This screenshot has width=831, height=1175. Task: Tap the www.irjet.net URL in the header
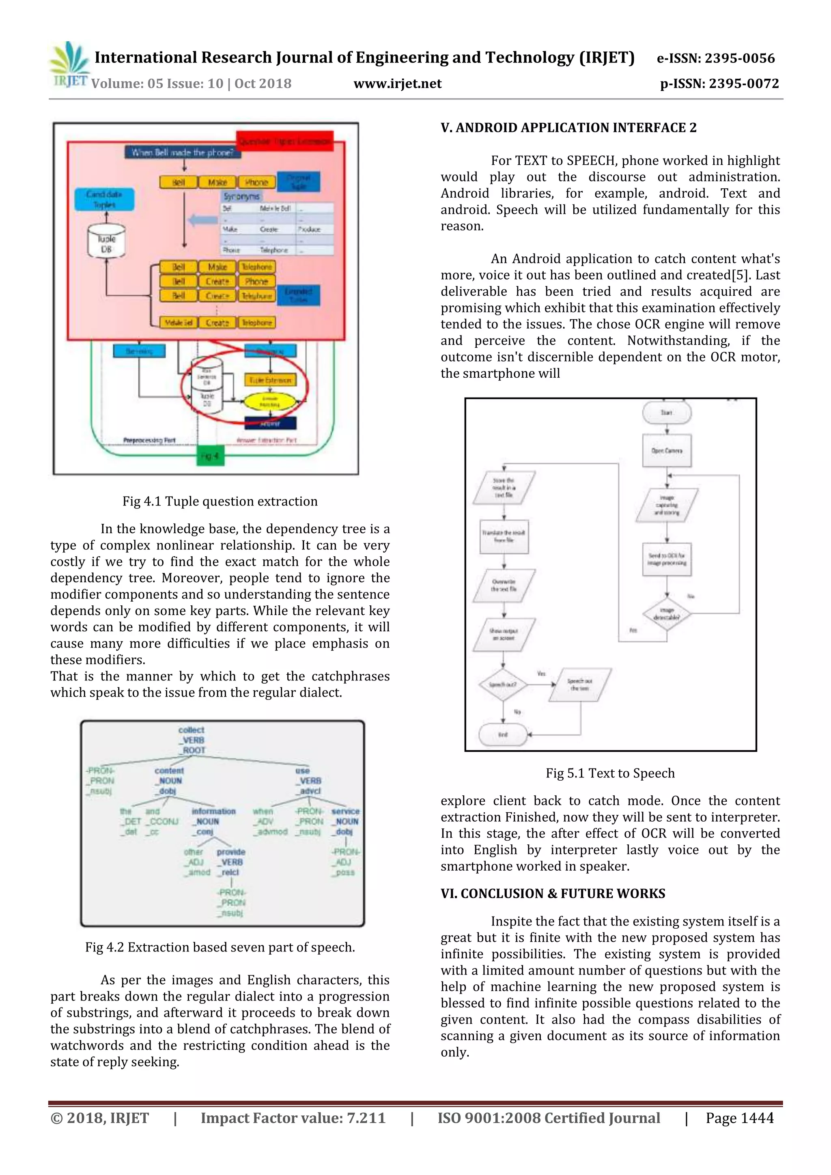coord(397,84)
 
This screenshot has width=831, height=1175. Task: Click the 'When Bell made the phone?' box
coord(183,152)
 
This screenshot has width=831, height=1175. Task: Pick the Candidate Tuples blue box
coord(104,200)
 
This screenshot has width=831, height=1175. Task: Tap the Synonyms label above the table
coord(241,196)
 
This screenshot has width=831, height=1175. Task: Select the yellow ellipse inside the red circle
coord(270,402)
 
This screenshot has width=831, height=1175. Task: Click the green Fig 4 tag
coord(210,456)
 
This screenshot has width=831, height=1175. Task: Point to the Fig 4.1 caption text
coord(220,501)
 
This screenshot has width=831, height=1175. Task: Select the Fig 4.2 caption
coord(220,947)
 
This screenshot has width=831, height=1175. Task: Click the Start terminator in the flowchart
coord(666,413)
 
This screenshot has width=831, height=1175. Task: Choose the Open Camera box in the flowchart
coord(666,451)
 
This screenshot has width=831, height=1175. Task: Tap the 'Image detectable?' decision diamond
coord(666,613)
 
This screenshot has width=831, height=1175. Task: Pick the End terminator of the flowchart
coord(503,734)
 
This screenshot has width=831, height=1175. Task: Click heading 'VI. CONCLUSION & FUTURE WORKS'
coord(553,893)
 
